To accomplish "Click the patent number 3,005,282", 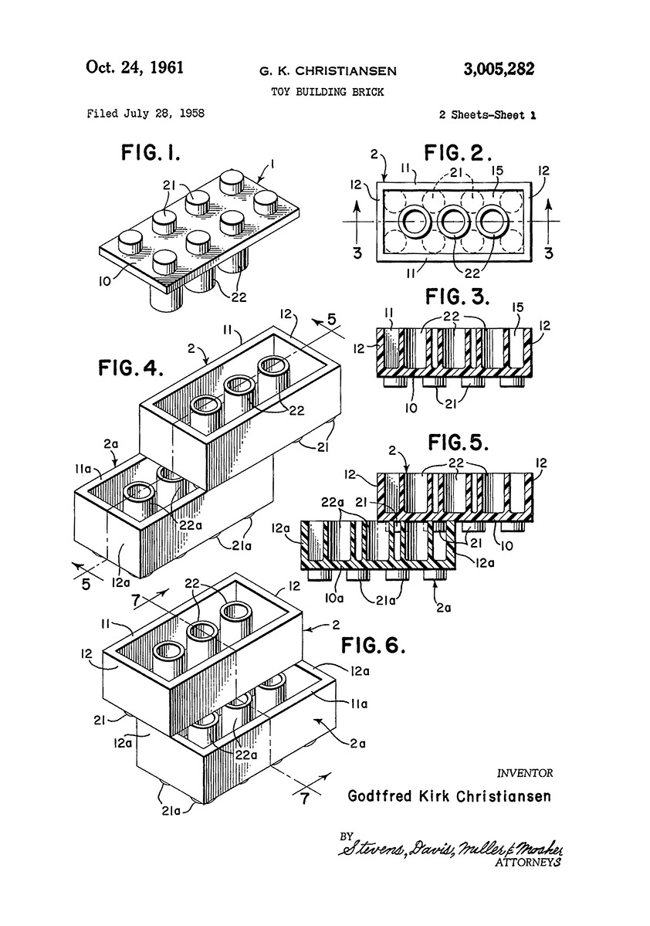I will tap(498, 69).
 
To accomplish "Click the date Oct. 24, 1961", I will tap(134, 67).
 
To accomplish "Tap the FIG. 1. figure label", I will tap(151, 152).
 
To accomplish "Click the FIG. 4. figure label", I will tap(130, 368).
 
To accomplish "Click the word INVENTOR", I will tap(525, 772).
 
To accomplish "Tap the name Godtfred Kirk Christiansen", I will tap(450, 795).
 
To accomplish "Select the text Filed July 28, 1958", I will tap(146, 114).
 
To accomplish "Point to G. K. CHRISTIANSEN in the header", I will tap(328, 72).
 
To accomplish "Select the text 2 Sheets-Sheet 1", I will tap(487, 115).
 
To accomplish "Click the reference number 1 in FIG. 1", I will tap(271, 164).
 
